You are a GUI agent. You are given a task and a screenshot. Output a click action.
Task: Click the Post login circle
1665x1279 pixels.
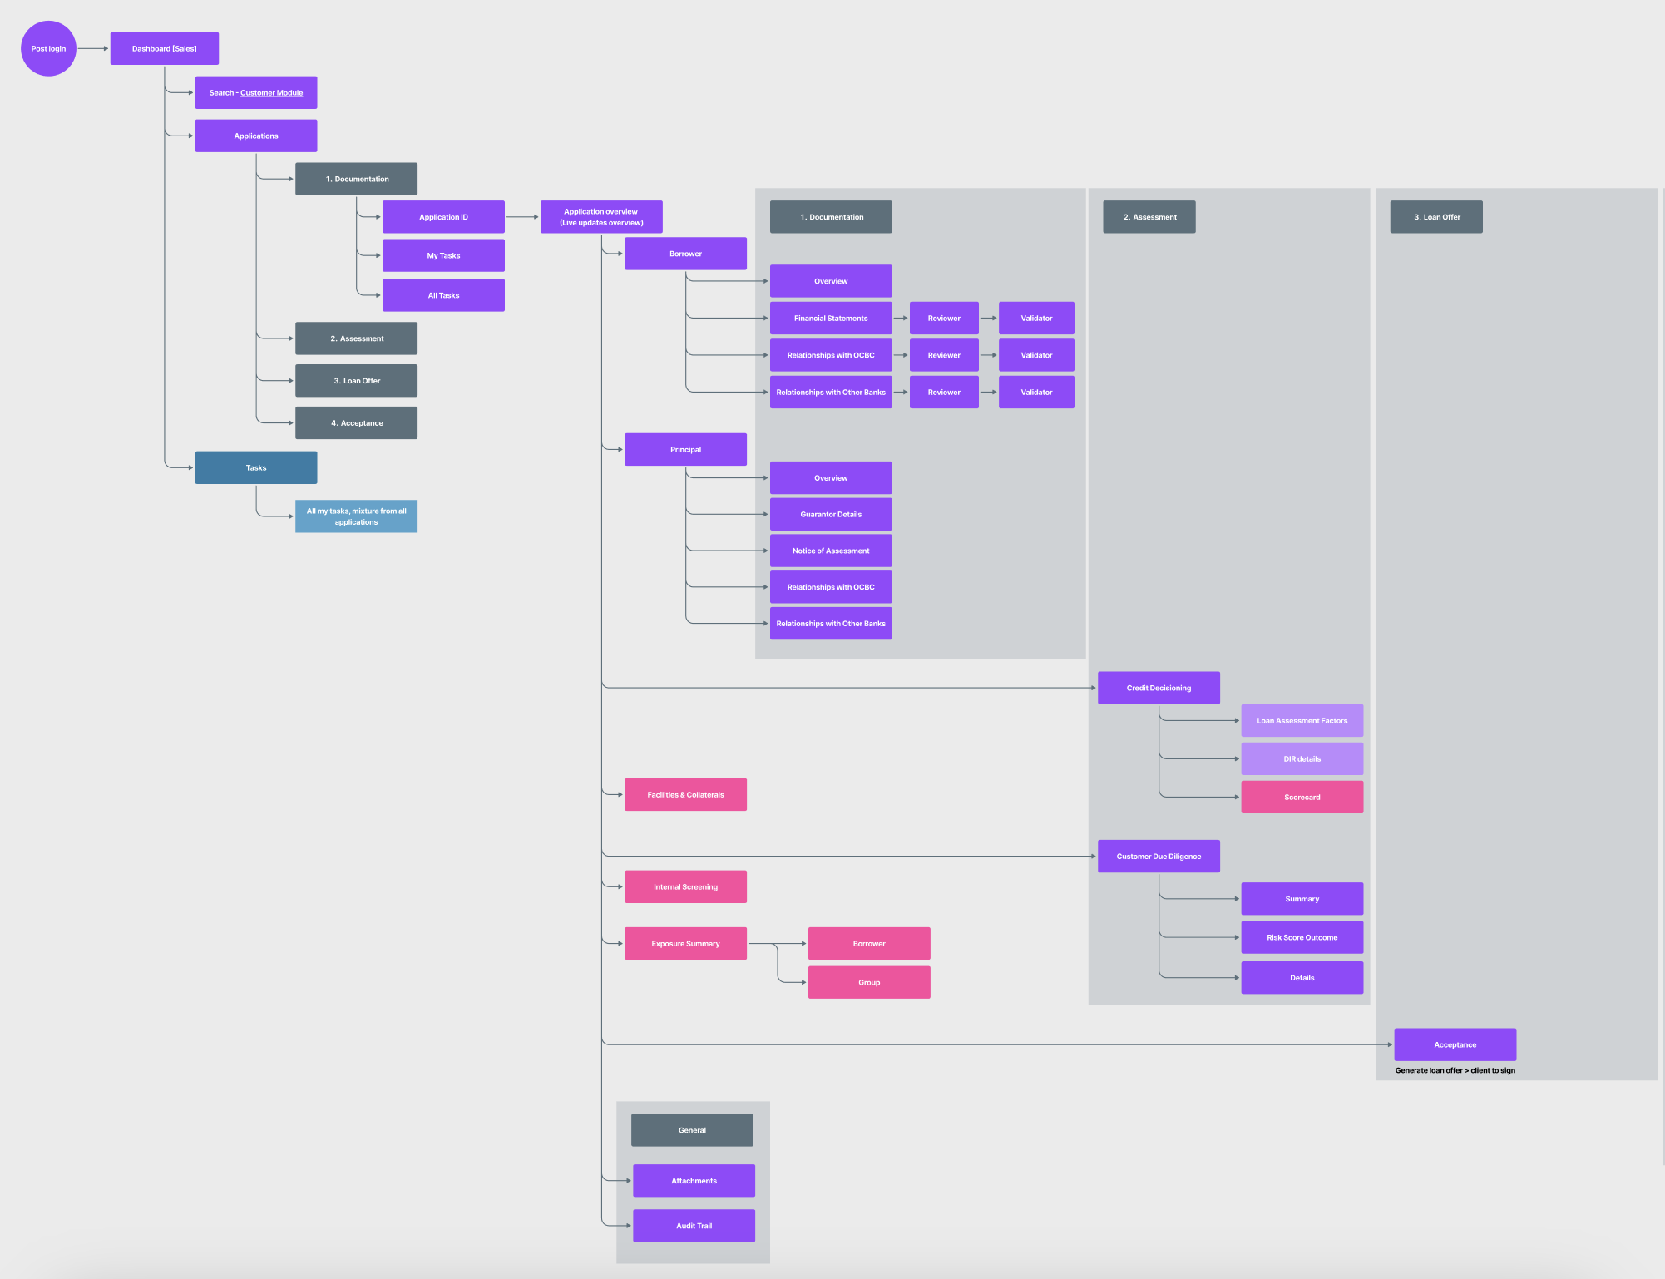(x=48, y=48)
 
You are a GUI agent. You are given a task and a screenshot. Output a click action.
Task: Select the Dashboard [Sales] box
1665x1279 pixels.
(x=164, y=48)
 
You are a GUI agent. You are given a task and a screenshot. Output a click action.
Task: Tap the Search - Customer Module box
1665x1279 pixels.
(x=255, y=92)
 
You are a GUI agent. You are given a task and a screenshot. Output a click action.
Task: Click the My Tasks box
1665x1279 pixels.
(x=443, y=255)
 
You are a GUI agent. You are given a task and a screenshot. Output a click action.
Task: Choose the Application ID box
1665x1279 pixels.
(x=443, y=217)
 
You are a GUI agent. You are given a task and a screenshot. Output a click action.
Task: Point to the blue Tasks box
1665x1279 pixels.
(x=255, y=467)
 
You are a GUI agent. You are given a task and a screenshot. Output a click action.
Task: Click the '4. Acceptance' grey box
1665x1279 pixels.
(x=356, y=422)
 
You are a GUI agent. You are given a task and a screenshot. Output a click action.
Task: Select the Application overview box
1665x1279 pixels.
(x=600, y=217)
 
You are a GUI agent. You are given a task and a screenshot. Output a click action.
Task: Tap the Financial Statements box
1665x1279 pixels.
(x=830, y=318)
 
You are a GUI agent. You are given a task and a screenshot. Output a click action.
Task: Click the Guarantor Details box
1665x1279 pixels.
(x=830, y=514)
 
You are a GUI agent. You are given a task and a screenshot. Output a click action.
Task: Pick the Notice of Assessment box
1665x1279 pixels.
(x=830, y=551)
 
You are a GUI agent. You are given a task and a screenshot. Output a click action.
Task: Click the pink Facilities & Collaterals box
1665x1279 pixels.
(x=685, y=794)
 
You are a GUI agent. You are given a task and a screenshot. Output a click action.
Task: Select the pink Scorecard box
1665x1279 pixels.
(x=1302, y=797)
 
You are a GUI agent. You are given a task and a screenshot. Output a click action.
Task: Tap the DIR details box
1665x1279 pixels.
(x=1302, y=758)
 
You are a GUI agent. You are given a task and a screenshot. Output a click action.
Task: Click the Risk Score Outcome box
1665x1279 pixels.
(x=1302, y=937)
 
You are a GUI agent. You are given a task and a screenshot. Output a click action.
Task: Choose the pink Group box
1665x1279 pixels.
(x=868, y=982)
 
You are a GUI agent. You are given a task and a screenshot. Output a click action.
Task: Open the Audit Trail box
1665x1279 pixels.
(x=694, y=1226)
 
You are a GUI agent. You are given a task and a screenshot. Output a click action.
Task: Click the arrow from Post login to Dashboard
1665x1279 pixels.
(x=93, y=48)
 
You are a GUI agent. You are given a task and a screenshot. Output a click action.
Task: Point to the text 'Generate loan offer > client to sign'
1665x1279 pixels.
(x=1455, y=1070)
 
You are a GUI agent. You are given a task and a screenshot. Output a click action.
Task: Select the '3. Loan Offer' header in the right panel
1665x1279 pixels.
(x=1435, y=217)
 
